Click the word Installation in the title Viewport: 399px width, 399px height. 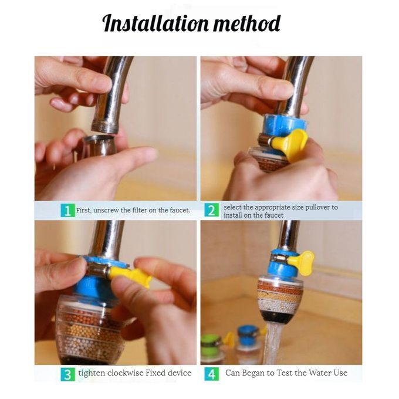coord(155,23)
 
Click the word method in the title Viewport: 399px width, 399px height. coord(247,23)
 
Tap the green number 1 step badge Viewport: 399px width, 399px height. coord(67,210)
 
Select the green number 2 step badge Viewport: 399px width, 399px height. coord(211,210)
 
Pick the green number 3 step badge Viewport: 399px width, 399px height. coord(67,374)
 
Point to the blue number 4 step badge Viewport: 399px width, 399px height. coord(211,374)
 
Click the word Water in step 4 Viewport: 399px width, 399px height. coord(319,373)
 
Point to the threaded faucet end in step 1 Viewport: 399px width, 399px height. coord(105,127)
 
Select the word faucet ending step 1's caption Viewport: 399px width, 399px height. coord(180,211)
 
